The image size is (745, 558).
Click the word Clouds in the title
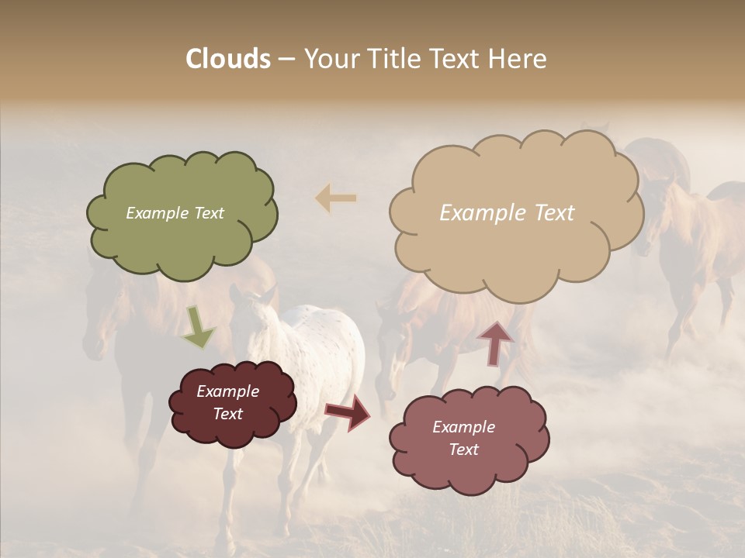pyautogui.click(x=228, y=59)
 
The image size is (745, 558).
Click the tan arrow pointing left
pyautogui.click(x=336, y=198)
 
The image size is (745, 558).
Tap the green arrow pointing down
pyautogui.click(x=198, y=326)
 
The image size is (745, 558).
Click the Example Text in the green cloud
pyautogui.click(x=175, y=213)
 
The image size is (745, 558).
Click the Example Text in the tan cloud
pyautogui.click(x=507, y=213)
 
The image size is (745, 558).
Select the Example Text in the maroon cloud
pyautogui.click(x=228, y=402)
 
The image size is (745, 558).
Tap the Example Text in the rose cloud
pyautogui.click(x=463, y=438)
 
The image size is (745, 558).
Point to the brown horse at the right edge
pyautogui.click(x=698, y=248)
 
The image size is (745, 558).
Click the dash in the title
pyautogui.click(x=286, y=60)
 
